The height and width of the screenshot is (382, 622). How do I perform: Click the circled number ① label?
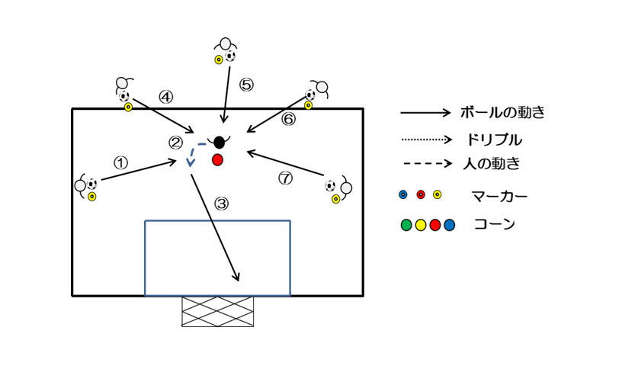pos(120,162)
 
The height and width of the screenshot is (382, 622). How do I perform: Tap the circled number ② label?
pos(176,142)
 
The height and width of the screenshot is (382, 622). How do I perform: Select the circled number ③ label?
pos(221,204)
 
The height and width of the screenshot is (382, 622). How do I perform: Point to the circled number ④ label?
pos(165,97)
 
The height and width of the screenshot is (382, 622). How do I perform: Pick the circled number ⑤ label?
pos(245,85)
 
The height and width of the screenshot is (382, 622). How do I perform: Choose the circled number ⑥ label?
pos(288,119)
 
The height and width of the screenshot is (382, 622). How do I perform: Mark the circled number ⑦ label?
pos(285,178)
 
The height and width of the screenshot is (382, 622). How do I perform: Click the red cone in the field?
pos(217,159)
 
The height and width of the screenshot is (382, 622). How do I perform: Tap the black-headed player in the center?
pos(220,142)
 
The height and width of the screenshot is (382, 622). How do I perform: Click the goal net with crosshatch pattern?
pos(217,311)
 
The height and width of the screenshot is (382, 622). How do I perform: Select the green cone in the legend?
pos(406,225)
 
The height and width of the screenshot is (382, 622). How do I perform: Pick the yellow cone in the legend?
pos(421,225)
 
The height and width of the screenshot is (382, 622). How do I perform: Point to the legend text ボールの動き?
pos(502,113)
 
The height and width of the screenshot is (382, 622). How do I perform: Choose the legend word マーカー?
pos(499,196)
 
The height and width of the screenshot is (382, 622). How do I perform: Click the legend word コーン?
pos(493,225)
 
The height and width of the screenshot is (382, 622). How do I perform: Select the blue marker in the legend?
pos(403,194)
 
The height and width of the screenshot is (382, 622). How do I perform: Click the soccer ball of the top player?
pos(230,56)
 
